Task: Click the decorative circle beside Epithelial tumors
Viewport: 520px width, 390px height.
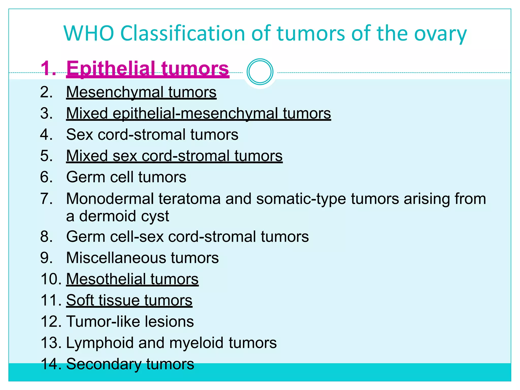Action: click(260, 72)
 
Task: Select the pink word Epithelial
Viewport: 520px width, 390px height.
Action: click(111, 69)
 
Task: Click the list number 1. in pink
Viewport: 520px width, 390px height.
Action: click(48, 69)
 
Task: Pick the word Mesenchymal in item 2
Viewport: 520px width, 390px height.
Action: click(115, 92)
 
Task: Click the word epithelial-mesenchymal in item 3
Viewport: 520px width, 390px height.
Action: click(195, 113)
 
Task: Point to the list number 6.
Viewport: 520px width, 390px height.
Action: click(46, 177)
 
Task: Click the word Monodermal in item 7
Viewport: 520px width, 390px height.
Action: click(110, 199)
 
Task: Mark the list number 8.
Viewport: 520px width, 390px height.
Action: click(46, 237)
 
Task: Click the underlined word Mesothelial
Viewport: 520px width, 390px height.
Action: click(106, 279)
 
